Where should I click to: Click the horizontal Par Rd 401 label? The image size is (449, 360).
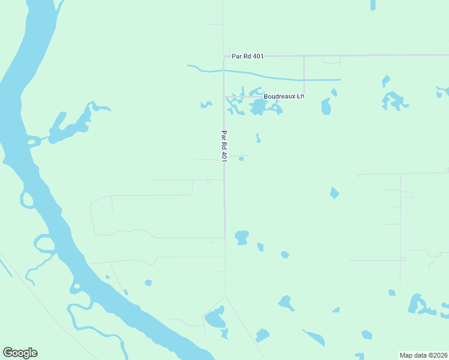tap(247, 56)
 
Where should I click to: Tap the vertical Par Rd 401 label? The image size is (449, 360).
tap(224, 146)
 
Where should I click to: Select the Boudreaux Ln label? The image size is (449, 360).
tap(284, 96)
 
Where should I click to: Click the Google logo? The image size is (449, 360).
tap(20, 353)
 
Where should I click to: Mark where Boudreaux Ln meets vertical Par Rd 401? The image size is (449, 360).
tap(224, 96)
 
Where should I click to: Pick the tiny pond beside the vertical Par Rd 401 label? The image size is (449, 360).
tap(241, 159)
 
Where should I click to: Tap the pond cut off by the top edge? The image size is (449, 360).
tap(373, 5)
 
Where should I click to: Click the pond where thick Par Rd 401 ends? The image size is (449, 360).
tap(241, 238)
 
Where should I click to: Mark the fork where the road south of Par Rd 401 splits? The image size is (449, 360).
tap(226, 296)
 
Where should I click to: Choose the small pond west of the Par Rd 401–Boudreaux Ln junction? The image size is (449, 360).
tap(206, 104)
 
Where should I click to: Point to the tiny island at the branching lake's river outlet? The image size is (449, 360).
tap(31, 142)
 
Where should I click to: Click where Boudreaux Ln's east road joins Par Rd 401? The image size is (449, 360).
tap(304, 56)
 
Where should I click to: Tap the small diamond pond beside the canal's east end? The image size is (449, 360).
tap(334, 92)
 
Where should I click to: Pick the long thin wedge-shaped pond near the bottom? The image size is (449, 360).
tap(314, 337)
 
